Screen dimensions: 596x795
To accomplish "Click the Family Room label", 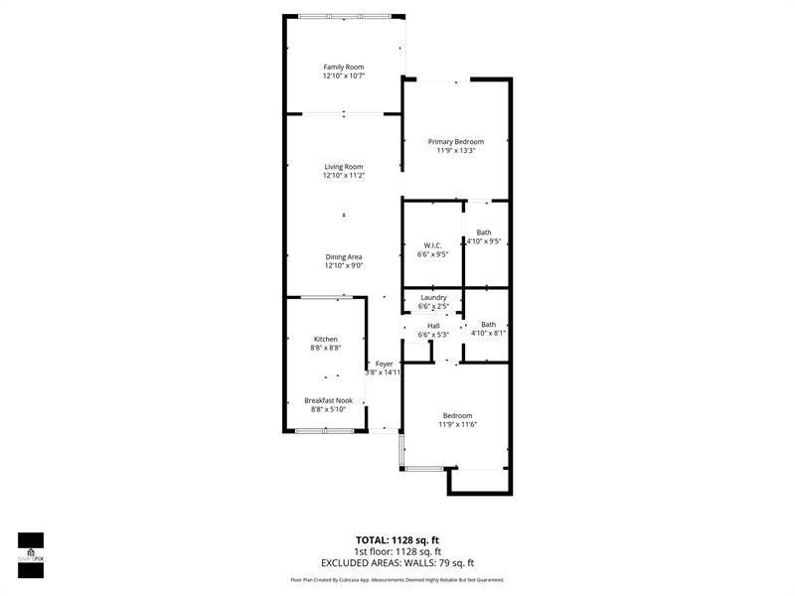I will tap(343, 67).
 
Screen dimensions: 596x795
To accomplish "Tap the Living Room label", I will tap(343, 166).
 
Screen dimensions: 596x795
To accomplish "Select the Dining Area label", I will tap(343, 256).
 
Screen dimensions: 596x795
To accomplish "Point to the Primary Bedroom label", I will tap(456, 141).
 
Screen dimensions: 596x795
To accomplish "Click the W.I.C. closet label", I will tap(432, 245).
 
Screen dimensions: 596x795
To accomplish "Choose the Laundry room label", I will tap(433, 297).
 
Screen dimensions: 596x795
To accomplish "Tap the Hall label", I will tap(433, 325).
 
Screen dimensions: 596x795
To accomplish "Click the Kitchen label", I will tap(326, 339).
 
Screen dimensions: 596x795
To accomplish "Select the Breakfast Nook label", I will tap(328, 400).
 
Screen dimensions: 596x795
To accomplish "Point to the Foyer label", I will tap(384, 364).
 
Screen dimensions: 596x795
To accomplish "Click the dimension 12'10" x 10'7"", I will tap(343, 76).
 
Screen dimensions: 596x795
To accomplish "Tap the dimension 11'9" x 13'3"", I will tap(456, 151).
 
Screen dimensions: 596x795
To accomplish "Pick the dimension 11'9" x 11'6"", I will tap(457, 425).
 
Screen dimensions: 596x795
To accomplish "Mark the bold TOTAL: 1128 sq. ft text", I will tap(397, 540).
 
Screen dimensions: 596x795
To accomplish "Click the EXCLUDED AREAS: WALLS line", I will tap(397, 563).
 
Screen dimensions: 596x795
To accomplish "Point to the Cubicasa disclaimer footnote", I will tap(397, 580).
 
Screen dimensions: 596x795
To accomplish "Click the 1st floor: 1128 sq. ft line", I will tap(397, 551).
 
